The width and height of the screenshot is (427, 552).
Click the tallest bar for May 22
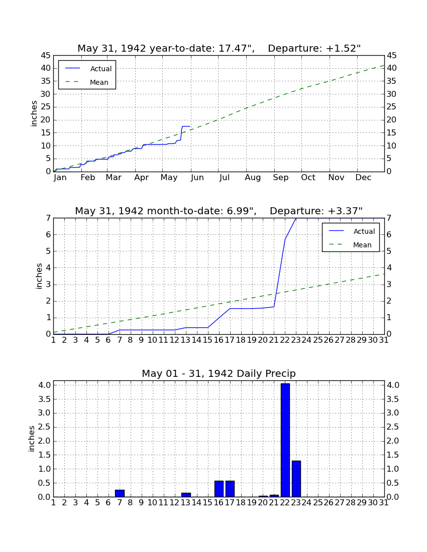tap(285, 440)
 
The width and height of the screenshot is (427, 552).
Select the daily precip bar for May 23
tap(296, 479)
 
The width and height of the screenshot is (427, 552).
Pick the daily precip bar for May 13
tap(186, 495)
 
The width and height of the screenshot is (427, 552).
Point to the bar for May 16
tap(219, 489)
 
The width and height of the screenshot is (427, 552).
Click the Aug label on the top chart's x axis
tap(253, 178)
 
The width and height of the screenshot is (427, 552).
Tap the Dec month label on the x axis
tap(363, 178)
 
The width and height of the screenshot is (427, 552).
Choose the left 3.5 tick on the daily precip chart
tap(44, 399)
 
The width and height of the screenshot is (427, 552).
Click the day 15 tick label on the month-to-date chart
tap(208, 340)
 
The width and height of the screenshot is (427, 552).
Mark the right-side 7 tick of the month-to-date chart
tap(389, 218)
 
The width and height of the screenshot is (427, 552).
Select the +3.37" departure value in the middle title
tap(345, 211)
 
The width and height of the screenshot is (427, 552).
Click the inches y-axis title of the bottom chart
tap(32, 439)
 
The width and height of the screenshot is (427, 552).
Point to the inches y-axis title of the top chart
tap(34, 114)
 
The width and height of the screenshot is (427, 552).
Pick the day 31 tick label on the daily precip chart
tap(384, 503)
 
